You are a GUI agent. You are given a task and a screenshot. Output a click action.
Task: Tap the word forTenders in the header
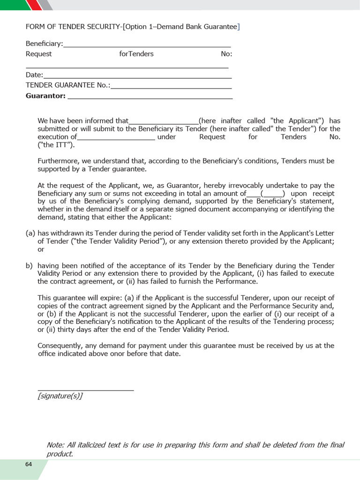tap(136, 54)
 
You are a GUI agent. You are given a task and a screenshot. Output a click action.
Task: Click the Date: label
tap(34, 75)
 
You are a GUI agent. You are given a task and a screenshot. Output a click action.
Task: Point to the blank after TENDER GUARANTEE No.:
tap(171, 86)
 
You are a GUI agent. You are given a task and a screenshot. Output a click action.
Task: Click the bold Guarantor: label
tap(45, 96)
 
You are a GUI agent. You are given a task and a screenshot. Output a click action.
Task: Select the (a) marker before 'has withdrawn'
tap(30, 233)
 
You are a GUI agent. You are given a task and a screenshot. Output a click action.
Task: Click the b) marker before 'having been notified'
tap(29, 265)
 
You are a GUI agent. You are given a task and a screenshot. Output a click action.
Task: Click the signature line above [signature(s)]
tap(85, 389)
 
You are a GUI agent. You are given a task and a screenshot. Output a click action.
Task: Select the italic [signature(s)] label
tap(60, 396)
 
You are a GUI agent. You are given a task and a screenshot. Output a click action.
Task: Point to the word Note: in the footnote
tap(55, 445)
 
